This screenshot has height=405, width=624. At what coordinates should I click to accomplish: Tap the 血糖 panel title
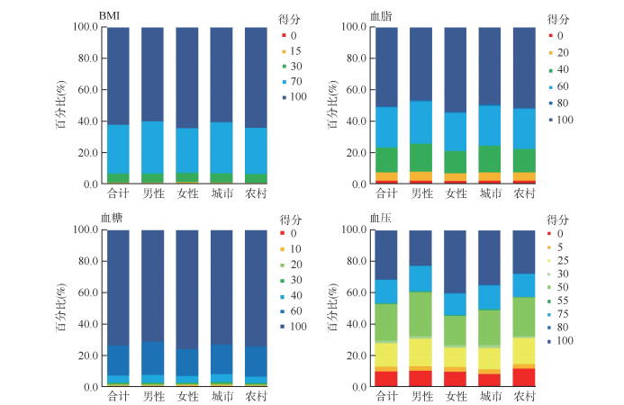pyautogui.click(x=112, y=218)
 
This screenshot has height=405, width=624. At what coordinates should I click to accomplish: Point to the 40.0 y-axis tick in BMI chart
pyautogui.click(x=86, y=121)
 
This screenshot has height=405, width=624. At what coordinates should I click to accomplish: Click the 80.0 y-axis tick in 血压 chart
pyautogui.click(x=357, y=261)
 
